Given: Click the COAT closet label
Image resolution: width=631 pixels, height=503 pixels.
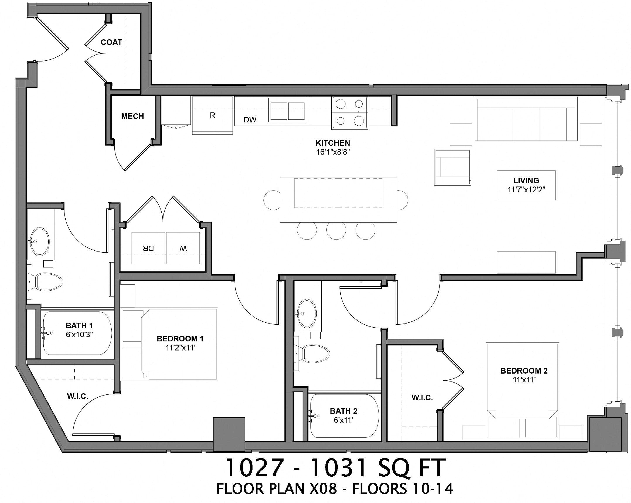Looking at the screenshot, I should [111, 42].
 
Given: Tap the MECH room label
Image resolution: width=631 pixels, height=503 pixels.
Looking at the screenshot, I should [132, 116].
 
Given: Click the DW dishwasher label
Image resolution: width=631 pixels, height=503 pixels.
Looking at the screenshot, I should [250, 120].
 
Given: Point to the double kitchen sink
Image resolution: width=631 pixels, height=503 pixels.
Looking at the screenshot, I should [288, 110].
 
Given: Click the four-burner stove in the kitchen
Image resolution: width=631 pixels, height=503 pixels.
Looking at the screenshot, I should [350, 112].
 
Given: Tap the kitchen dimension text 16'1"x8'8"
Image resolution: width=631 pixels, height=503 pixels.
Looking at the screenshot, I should [333, 152].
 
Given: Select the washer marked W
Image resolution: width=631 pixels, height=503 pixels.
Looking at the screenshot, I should [183, 248].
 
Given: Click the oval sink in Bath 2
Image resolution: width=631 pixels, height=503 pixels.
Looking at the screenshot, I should [307, 313].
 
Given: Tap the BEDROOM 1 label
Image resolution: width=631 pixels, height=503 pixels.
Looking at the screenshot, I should [180, 339].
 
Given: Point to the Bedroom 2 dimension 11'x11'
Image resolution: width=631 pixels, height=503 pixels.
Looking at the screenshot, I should [524, 380].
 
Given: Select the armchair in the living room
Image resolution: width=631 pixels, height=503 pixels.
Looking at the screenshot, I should [452, 167].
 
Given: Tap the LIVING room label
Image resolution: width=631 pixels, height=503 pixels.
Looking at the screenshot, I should [526, 180].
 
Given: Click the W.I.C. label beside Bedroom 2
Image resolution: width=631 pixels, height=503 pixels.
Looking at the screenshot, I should [422, 398].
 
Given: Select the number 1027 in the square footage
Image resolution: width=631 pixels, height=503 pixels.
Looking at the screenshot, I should [254, 468].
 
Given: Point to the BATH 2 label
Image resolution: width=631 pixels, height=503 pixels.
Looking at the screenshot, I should [343, 411].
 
